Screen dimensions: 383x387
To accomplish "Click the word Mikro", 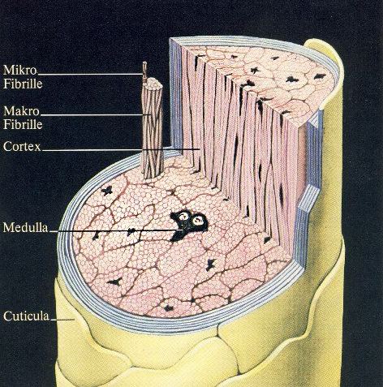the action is pos(20,71).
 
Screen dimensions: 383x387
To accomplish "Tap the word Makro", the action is pos(21,111).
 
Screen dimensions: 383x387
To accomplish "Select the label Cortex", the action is pos(22,147).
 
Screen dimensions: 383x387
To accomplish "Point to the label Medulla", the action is pos(26,227).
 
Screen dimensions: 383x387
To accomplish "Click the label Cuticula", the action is pos(26,316).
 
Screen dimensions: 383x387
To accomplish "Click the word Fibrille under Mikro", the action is pos(23,84).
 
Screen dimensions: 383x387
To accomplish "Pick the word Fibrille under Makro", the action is pos(23,124).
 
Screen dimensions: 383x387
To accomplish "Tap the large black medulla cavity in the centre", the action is pos(188,224).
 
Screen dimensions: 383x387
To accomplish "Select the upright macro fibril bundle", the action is pos(153,130).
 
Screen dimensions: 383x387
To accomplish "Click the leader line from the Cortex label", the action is pos(121,149).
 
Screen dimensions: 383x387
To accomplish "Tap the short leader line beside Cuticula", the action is pos(62,320).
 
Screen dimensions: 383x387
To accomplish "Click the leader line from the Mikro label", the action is pos(90,74).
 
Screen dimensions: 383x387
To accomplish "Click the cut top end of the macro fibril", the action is pos(153,83).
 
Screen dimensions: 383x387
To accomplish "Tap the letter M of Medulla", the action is pos(8,228).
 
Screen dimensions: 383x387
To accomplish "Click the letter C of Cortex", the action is pos(7,147).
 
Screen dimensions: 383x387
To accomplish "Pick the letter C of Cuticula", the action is pos(7,316).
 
